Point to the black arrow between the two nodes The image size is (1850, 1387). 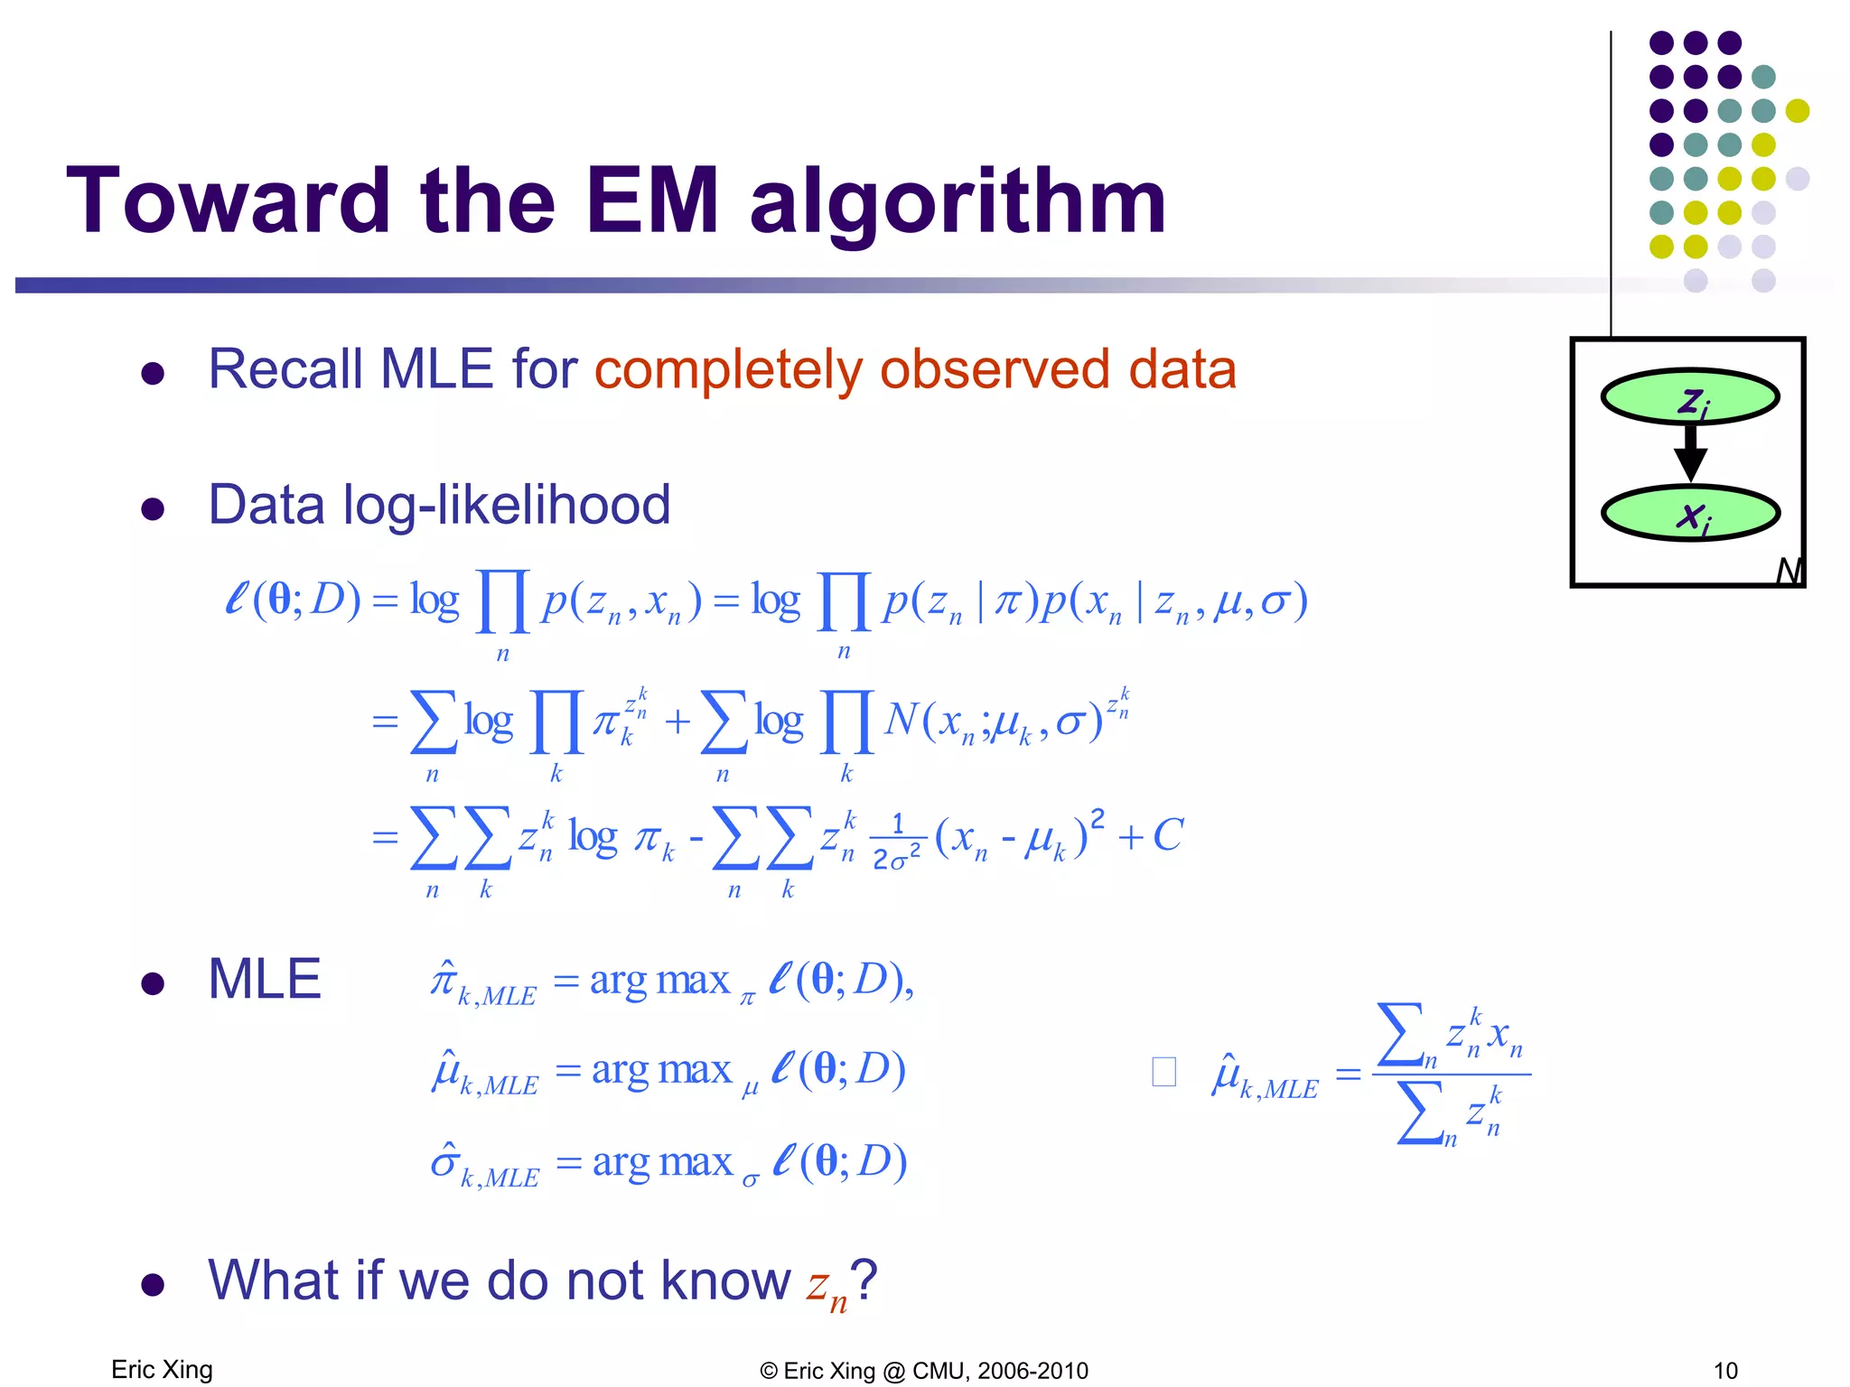point(1690,454)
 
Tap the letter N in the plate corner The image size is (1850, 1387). point(1788,571)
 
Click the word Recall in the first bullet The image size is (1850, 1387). point(285,369)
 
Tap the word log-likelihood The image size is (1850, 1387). point(507,505)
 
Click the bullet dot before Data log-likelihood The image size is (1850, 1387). point(153,509)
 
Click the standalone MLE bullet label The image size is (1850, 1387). point(264,979)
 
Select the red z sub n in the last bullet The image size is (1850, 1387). point(827,1286)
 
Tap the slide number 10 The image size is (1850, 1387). point(1725,1371)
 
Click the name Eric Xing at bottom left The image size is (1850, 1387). point(162,1369)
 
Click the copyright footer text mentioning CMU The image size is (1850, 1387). point(924,1371)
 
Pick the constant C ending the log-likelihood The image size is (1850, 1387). point(1167,835)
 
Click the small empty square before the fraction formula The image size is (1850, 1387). point(1163,1072)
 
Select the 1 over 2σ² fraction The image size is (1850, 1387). point(897,842)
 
